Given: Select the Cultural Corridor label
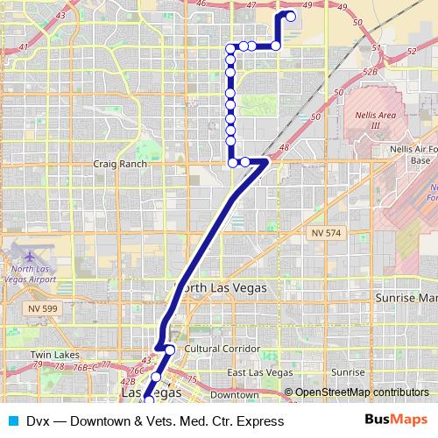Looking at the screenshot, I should (223, 349).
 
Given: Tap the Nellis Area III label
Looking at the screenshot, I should (371, 120).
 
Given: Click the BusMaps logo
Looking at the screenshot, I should (396, 420).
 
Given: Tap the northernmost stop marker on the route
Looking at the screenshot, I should (291, 16).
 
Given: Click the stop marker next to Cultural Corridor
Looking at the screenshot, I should (170, 350).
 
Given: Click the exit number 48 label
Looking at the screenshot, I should (283, 148).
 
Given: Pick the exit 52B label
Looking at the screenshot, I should (369, 72).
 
